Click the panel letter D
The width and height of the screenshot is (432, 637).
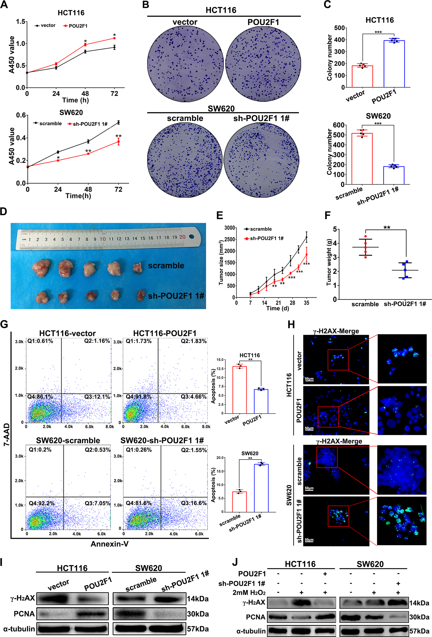pos(4,212)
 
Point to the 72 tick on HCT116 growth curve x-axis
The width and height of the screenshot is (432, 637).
pos(114,94)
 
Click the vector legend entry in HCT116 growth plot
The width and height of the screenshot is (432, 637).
pos(45,26)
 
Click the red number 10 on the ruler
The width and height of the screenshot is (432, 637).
pos(103,239)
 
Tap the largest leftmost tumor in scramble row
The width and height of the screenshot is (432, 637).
pos(41,268)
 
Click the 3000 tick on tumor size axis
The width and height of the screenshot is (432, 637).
pos(230,228)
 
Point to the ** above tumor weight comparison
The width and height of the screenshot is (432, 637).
pos(387,228)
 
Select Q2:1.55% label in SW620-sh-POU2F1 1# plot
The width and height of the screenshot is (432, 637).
pos(194,450)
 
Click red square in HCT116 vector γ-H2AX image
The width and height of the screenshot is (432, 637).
pos(338,360)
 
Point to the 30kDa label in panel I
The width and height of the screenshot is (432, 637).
pos(198,614)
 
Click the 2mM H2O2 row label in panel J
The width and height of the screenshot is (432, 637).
pos(249,593)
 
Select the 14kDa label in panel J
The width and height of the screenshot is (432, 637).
pos(419,603)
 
